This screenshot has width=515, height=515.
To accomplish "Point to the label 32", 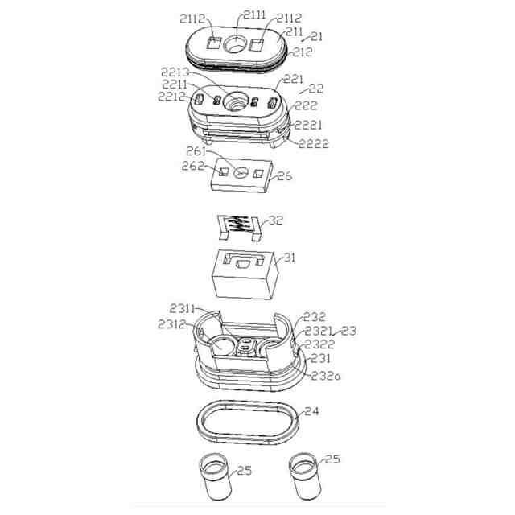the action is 276,219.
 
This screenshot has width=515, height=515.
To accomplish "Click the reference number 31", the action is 288,259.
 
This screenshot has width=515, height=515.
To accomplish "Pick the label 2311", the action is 184,307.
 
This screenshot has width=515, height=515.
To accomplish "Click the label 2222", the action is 313,144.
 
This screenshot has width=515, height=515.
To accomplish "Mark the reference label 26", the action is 284,176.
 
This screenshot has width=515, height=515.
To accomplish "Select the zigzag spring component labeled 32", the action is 241,229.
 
